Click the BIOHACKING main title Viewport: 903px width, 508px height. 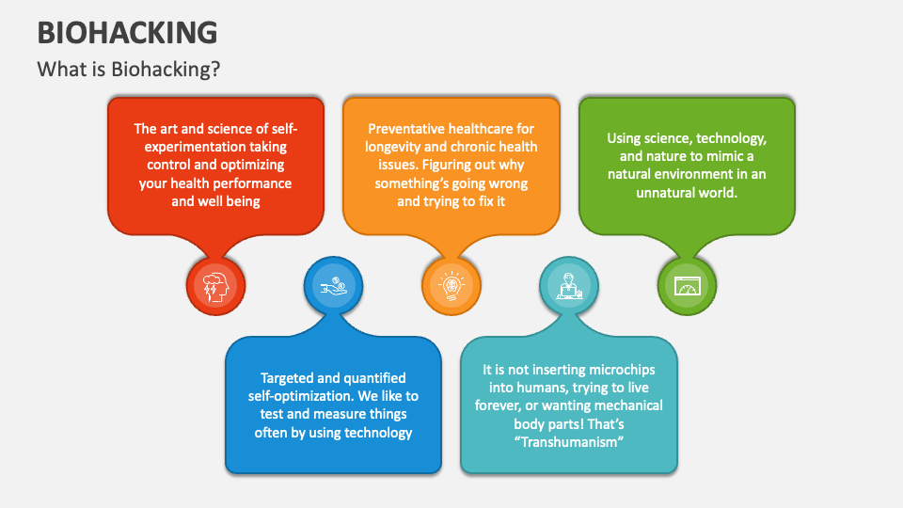[x=127, y=32]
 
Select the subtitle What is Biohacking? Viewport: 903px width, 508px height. [x=130, y=70]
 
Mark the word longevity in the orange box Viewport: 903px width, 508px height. [x=399, y=147]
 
